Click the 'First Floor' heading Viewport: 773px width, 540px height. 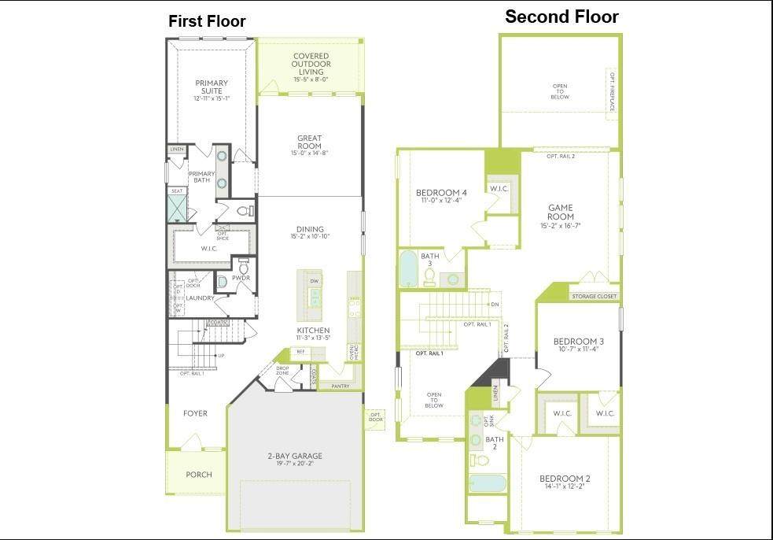click(x=207, y=21)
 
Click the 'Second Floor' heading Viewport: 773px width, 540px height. click(x=561, y=17)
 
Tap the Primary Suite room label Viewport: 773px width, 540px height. click(x=212, y=87)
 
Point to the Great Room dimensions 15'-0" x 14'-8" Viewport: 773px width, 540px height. click(x=309, y=153)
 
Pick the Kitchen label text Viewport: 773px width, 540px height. click(x=313, y=330)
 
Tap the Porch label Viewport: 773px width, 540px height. click(x=198, y=475)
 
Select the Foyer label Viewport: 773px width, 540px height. click(x=195, y=413)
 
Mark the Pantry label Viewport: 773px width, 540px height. click(x=340, y=386)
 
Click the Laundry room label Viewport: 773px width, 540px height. click(x=201, y=298)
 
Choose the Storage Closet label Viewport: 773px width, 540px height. click(x=594, y=297)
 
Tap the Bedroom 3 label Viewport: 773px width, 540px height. click(x=578, y=342)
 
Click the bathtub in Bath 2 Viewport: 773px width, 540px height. click(x=488, y=483)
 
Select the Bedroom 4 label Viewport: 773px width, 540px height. click(x=441, y=193)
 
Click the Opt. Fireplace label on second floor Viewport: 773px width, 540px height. click(x=611, y=92)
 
